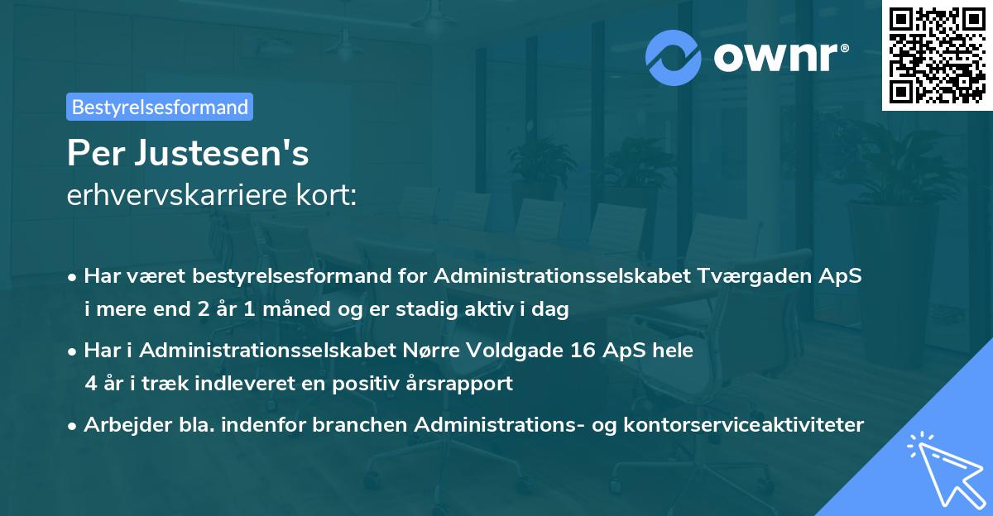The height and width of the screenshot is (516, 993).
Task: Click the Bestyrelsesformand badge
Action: pos(160,107)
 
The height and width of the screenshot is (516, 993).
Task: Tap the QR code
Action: pos(936,55)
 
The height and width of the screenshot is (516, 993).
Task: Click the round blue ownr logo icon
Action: pos(674,57)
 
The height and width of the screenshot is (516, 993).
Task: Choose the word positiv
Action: pos(358,384)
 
